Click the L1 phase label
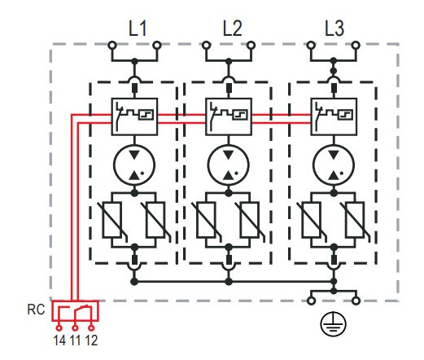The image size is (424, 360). click(x=138, y=29)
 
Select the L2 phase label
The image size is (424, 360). click(x=233, y=29)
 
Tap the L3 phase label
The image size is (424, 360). click(x=334, y=29)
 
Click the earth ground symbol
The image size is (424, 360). click(x=334, y=326)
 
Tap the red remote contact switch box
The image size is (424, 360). click(x=75, y=313)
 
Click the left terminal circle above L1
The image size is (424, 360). click(x=111, y=46)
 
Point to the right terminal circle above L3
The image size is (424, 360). click(x=355, y=46)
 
